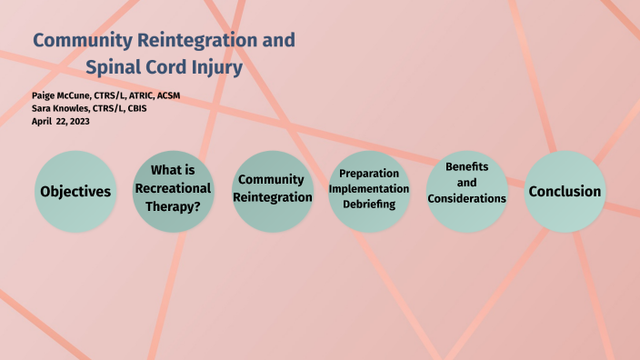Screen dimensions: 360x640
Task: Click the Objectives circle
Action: (x=75, y=191)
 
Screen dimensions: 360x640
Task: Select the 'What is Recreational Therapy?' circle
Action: (x=174, y=191)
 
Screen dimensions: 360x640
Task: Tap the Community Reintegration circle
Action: (x=270, y=191)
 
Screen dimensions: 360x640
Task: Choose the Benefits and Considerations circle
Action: (x=466, y=190)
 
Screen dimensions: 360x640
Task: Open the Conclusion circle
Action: (x=565, y=191)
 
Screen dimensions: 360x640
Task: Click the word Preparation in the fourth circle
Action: (x=368, y=173)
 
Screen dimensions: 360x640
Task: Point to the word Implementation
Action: (x=368, y=188)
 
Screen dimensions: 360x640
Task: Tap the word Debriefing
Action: (x=368, y=205)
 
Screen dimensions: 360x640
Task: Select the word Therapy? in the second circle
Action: (x=174, y=205)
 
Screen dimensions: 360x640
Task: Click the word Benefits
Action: (x=466, y=167)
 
